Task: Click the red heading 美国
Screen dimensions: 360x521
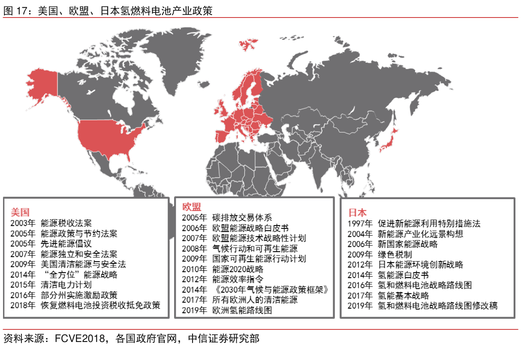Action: coord(20,212)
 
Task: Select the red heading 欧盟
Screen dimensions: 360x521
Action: coord(191,207)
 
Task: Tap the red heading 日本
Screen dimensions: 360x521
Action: coord(357,212)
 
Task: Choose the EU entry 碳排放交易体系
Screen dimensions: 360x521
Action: coord(242,218)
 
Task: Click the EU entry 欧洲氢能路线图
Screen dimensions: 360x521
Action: coord(242,310)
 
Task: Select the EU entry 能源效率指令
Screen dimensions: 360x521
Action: coord(238,279)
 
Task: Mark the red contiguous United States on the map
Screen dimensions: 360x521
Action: coord(107,137)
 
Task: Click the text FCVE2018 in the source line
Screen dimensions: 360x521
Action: coord(80,339)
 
